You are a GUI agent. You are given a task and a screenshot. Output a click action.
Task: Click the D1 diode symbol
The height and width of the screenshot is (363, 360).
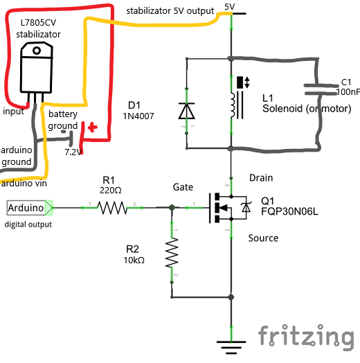186,111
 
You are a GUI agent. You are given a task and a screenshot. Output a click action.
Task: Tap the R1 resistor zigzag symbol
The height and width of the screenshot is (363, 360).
112,208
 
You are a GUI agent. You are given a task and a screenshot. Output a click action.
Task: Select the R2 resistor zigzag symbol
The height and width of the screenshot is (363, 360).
172,253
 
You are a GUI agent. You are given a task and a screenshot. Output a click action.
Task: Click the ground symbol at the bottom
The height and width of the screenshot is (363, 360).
231,347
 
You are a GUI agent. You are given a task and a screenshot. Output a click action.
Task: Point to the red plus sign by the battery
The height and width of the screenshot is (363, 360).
93,127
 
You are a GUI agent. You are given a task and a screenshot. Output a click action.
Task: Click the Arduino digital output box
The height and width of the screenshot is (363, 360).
30,208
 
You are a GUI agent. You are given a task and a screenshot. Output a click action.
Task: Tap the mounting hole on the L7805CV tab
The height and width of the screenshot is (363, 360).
37,51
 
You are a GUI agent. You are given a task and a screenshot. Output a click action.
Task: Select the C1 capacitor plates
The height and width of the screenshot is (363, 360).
321,89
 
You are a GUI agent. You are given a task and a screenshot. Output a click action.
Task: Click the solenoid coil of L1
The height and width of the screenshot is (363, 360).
233,105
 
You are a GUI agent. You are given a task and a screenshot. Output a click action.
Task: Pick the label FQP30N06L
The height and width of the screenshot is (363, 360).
289,211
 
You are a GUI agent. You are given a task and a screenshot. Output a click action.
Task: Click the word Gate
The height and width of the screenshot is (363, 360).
183,187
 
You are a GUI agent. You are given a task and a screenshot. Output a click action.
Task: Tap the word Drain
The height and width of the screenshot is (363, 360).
261,178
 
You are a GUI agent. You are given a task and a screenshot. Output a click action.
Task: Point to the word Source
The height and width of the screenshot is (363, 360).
263,238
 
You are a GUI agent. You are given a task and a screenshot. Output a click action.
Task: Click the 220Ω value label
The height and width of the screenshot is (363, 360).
111,191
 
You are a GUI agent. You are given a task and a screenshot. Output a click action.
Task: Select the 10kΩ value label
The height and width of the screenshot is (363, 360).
134,260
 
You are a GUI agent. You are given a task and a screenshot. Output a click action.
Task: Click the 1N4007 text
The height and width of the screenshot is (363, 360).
138,116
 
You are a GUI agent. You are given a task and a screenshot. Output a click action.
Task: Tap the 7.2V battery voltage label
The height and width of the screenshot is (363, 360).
73,152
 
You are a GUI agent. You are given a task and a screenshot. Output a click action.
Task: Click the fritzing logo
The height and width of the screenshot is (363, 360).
306,337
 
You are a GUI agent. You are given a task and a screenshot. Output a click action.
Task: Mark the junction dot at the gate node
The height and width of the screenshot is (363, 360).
172,207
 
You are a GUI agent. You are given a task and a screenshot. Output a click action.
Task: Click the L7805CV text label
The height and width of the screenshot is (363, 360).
38,23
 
